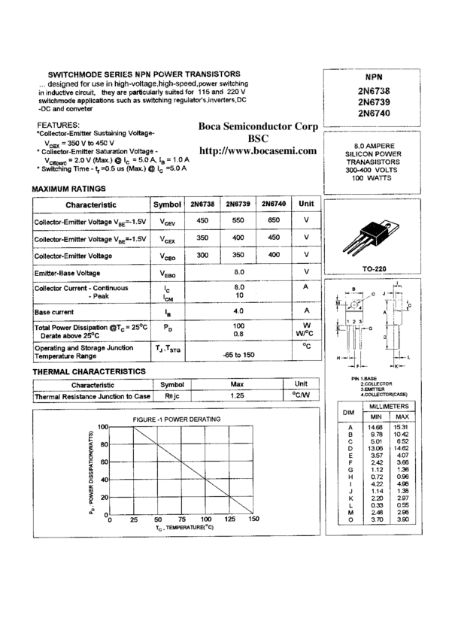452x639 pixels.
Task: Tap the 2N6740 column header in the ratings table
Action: [x=276, y=204]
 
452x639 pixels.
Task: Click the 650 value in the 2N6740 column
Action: [x=276, y=221]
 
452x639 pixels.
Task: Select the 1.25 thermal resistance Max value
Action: [x=238, y=395]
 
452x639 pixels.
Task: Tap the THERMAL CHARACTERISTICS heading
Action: [x=89, y=371]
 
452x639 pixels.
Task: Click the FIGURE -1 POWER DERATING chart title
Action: [x=177, y=419]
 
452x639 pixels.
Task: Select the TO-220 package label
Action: [x=368, y=267]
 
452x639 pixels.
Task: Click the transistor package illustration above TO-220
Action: [x=368, y=237]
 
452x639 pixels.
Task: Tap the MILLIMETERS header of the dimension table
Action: [x=389, y=406]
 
